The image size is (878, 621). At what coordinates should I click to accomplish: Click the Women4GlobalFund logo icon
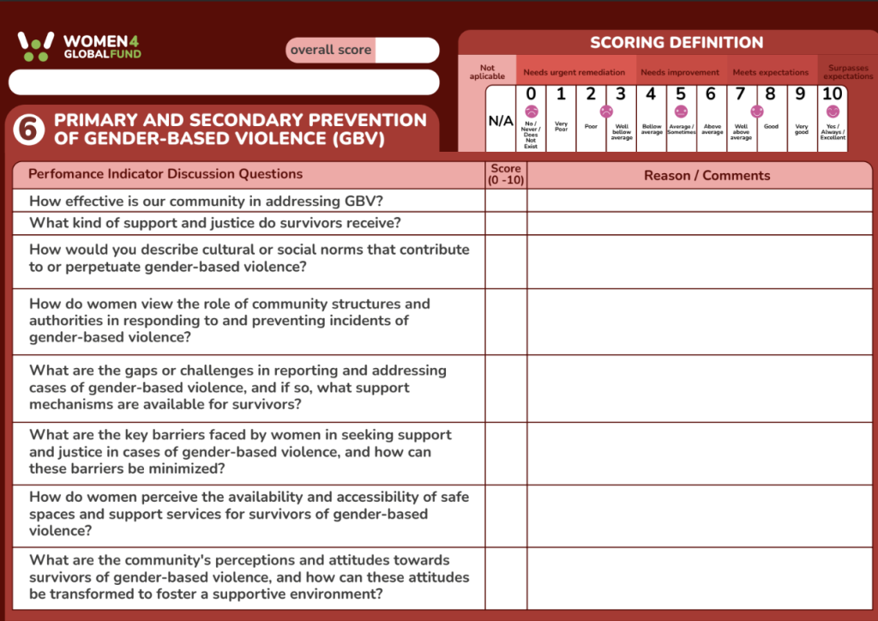pyautogui.click(x=36, y=45)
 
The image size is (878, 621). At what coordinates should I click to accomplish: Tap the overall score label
pyautogui.click(x=331, y=50)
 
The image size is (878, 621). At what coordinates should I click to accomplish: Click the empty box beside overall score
pyautogui.click(x=406, y=50)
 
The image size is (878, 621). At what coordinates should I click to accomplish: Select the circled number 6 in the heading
pyautogui.click(x=29, y=129)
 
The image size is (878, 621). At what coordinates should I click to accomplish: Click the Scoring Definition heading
pyautogui.click(x=677, y=43)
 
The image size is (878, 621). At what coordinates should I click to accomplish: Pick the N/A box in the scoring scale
pyautogui.click(x=501, y=121)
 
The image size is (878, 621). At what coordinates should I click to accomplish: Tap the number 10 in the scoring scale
pyautogui.click(x=833, y=94)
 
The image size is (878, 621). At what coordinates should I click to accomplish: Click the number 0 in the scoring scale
pyautogui.click(x=531, y=94)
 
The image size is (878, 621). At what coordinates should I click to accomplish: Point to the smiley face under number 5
pyautogui.click(x=681, y=112)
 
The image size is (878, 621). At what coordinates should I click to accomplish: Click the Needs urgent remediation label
pyautogui.click(x=574, y=73)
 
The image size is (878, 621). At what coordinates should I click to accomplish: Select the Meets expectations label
pyautogui.click(x=770, y=73)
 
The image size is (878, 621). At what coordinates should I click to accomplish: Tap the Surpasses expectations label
pyautogui.click(x=848, y=72)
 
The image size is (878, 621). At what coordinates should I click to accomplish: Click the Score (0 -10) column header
pyautogui.click(x=506, y=175)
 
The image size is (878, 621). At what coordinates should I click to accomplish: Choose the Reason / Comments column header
pyautogui.click(x=707, y=176)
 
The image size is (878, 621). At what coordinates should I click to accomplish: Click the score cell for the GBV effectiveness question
pyautogui.click(x=506, y=201)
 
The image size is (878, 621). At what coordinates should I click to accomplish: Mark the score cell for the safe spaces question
pyautogui.click(x=506, y=514)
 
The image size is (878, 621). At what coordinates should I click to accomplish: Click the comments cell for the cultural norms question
pyautogui.click(x=700, y=262)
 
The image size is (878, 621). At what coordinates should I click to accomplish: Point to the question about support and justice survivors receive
pyautogui.click(x=215, y=223)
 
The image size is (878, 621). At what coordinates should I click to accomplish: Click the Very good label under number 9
pyautogui.click(x=802, y=129)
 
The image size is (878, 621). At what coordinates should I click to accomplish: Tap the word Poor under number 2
pyautogui.click(x=591, y=126)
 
